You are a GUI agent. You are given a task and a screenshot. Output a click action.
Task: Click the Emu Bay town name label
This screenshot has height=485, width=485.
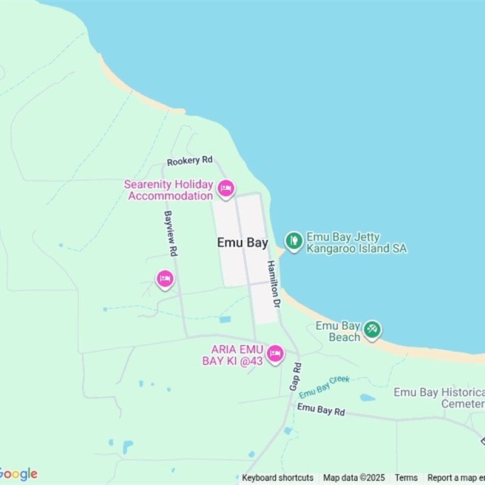242,242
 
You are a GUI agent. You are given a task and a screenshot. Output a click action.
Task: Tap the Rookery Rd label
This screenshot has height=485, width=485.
190,161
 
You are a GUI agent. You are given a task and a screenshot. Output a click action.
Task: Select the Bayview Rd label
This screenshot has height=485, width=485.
170,233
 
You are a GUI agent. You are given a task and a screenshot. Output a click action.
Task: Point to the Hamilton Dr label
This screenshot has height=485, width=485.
274,283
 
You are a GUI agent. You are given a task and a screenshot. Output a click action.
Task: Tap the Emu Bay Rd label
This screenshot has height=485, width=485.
321,410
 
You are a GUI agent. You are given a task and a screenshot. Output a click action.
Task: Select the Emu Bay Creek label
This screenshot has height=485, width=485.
324,384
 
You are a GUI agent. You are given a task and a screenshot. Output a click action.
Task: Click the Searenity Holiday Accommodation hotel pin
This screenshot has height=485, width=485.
226,189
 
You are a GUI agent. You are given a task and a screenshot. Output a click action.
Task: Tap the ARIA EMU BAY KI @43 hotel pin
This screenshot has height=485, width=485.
275,353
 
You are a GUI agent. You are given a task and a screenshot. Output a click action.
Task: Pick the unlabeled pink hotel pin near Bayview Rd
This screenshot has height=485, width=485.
165,279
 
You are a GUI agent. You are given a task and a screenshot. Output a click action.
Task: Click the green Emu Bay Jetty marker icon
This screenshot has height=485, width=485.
294,241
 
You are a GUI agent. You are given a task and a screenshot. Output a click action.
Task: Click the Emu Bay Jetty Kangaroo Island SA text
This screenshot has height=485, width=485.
356,243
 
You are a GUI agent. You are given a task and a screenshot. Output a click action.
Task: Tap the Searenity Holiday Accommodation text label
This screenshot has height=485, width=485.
170,190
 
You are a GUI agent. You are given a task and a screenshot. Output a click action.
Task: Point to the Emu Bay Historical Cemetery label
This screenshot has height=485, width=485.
439,398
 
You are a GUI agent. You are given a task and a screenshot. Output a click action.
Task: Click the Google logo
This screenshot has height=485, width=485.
18,474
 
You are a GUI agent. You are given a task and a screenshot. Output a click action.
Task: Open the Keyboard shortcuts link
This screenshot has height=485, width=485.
278,478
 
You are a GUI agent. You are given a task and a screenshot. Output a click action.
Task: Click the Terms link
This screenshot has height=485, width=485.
406,478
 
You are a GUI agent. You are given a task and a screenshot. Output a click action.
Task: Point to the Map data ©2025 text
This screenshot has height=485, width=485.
354,478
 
